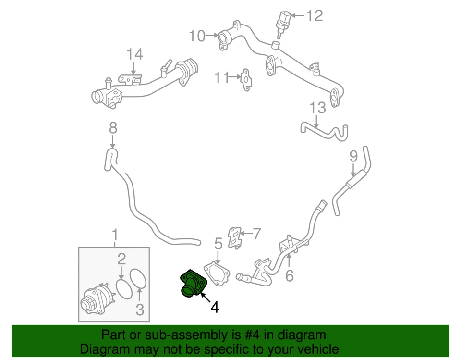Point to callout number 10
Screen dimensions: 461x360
coord(197,36)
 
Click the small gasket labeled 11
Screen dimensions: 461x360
coord(245,77)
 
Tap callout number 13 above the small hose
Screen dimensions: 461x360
coord(317,108)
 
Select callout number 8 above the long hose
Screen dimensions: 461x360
coord(113,127)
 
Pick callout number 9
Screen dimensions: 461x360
coord(353,156)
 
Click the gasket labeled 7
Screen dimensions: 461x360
coord(234,237)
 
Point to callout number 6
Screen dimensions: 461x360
coord(289,276)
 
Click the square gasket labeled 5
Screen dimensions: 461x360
coord(217,273)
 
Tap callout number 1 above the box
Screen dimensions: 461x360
coord(115,235)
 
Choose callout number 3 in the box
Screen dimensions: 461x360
coord(140,310)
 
